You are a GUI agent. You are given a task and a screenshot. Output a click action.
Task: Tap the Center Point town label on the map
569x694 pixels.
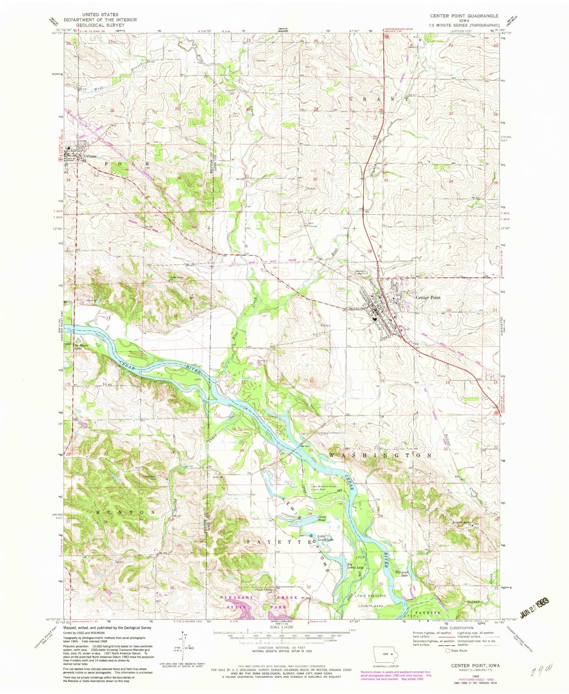(428, 298)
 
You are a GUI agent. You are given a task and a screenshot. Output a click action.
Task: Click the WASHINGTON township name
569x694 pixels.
(380, 455)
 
